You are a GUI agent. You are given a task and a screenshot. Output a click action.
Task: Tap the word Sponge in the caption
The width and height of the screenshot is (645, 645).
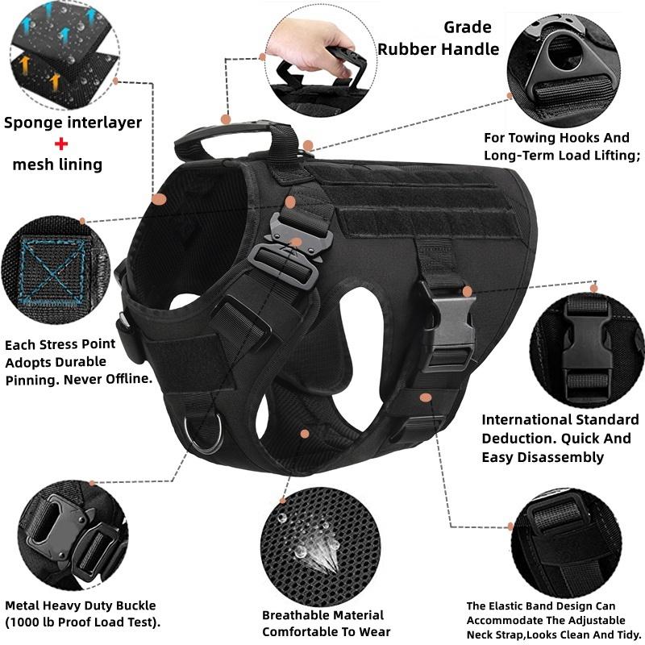[x=35, y=123]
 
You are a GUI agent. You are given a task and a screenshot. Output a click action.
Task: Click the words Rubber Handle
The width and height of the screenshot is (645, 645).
[x=439, y=49]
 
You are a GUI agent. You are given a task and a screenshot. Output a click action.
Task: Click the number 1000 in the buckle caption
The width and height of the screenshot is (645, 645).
[x=30, y=622]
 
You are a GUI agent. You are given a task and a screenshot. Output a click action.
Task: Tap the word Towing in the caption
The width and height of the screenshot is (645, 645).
[x=533, y=138]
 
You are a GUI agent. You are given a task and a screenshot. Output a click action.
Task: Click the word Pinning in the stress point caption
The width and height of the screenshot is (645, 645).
[x=32, y=378]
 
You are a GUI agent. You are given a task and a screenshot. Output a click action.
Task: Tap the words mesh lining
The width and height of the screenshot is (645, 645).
[x=56, y=164]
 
